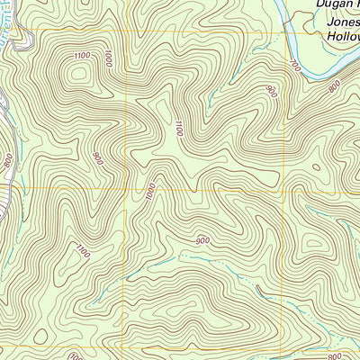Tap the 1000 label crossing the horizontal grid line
[150, 190]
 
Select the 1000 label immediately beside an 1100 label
[109, 59]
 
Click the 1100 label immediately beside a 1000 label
[84, 57]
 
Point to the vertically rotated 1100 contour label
[178, 130]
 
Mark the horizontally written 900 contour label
[201, 240]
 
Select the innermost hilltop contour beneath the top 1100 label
[75, 76]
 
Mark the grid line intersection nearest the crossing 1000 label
[126, 189]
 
